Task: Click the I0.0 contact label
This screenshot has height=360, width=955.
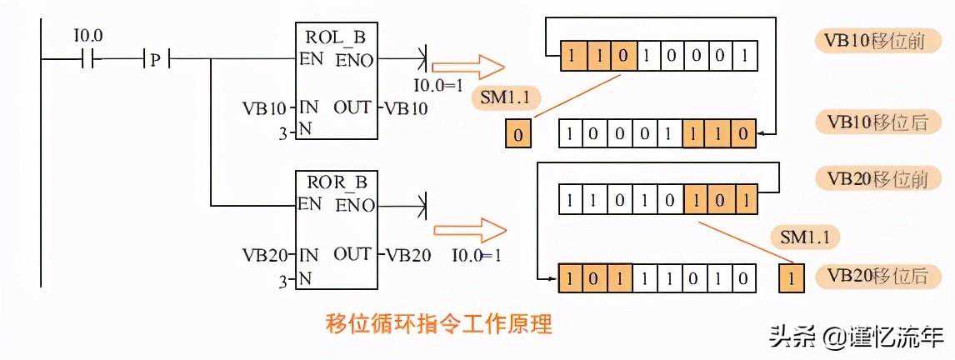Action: pyautogui.click(x=87, y=37)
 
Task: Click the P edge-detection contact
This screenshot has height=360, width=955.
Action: pyautogui.click(x=155, y=59)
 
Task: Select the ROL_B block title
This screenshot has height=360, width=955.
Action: pyautogui.click(x=337, y=38)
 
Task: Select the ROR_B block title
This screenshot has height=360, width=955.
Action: pyautogui.click(x=337, y=182)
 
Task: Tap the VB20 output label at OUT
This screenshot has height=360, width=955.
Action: pyautogui.click(x=407, y=253)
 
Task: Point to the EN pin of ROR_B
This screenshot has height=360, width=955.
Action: pyautogui.click(x=310, y=203)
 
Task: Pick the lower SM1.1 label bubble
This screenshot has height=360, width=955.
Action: pyautogui.click(x=804, y=237)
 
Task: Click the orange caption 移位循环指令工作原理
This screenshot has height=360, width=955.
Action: pyautogui.click(x=437, y=323)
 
